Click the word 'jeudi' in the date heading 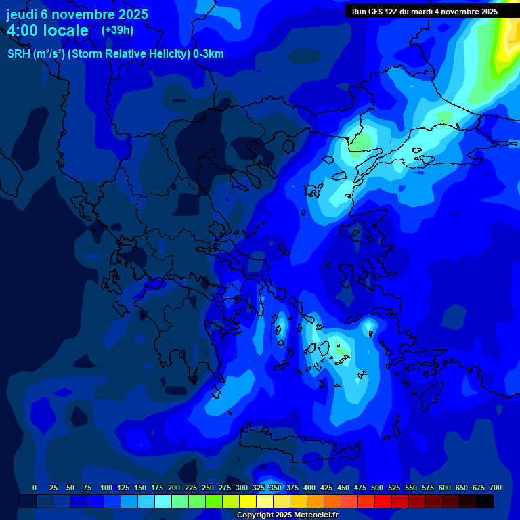coord(24,14)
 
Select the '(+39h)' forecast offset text coord(117,30)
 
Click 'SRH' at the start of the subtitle coord(18,54)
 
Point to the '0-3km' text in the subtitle coord(209,54)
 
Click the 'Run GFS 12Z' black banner coord(425,12)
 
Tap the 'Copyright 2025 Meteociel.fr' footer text coord(286,515)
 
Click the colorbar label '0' coord(35,487)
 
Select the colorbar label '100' coord(106,487)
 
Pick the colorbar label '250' coord(208,487)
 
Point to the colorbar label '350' coord(276,487)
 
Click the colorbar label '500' coord(377,487)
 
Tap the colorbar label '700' coord(496,487)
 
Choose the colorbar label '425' coord(326,487)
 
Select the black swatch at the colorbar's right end coord(485,501)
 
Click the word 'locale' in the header coord(64,30)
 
